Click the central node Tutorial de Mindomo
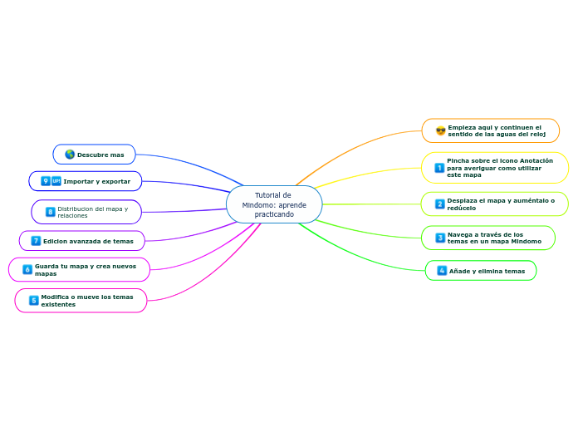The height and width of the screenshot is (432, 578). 274,204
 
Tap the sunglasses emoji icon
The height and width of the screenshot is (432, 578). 440,130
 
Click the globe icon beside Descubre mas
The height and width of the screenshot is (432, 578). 70,155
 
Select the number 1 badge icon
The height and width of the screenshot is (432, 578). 438,168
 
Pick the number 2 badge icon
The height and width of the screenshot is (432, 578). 439,204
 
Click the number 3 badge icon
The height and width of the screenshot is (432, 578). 440,238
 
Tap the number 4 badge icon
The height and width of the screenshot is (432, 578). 442,271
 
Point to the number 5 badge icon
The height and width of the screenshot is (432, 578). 33,300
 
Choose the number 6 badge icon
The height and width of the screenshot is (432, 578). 27,269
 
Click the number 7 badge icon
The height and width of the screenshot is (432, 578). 36,241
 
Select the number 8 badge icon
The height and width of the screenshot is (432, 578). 50,212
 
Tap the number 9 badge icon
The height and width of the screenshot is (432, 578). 46,181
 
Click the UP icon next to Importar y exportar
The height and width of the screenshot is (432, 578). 56,181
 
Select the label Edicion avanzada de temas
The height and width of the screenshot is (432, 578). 88,241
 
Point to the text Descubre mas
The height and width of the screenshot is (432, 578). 100,155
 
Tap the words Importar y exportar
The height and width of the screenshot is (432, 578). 97,181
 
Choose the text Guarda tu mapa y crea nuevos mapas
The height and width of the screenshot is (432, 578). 85,269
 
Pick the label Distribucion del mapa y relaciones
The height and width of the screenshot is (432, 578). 92,212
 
